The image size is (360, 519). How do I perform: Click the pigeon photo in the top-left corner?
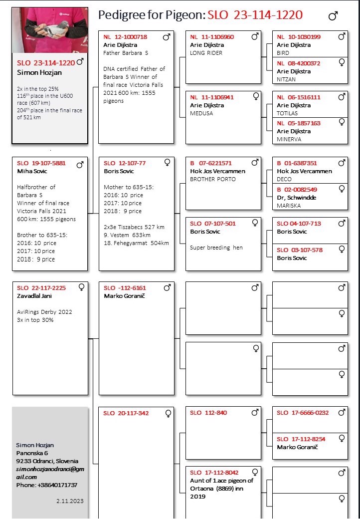click(50, 30)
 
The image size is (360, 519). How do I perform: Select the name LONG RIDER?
click(206, 53)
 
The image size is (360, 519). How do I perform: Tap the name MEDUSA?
click(201, 113)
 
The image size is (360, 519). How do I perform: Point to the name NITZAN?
click(287, 79)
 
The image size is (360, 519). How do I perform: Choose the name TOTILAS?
click(288, 113)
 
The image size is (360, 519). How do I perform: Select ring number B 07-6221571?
click(211, 163)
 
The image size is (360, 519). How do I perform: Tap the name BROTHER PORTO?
click(213, 179)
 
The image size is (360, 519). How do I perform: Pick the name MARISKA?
click(289, 206)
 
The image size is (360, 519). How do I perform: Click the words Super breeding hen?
click(216, 248)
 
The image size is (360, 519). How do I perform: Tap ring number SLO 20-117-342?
click(126, 413)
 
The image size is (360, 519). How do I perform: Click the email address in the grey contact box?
click(50, 473)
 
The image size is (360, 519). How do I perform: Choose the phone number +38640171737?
click(57, 485)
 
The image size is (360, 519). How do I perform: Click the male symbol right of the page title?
click(333, 16)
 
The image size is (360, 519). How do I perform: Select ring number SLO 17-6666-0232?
click(303, 413)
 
